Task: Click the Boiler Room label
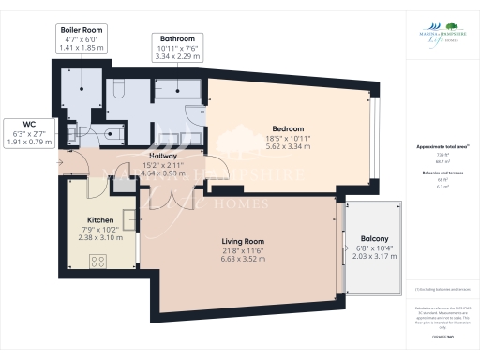pos(81,30)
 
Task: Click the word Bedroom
pos(288,127)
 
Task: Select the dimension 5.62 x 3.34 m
pos(288,147)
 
